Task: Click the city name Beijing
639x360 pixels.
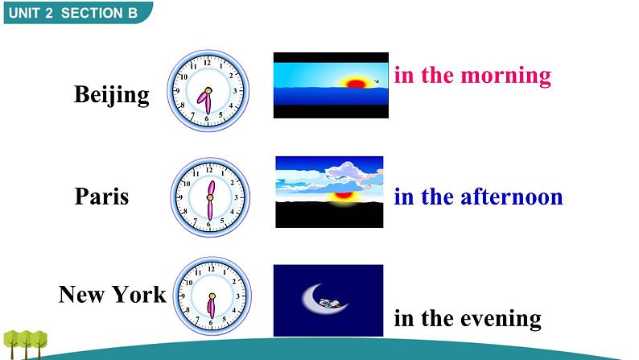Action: [112, 95]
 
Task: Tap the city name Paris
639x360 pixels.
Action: [102, 196]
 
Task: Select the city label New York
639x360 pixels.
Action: [113, 294]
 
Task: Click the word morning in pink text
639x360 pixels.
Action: [505, 77]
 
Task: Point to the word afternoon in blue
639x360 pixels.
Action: [512, 197]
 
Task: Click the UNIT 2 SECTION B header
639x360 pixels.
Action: [73, 13]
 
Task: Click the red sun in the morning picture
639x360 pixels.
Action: [356, 84]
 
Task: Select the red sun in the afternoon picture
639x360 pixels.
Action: [343, 195]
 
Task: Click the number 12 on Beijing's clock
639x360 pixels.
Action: [208, 63]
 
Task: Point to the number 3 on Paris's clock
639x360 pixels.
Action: [236, 197]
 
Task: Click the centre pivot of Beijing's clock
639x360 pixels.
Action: [208, 90]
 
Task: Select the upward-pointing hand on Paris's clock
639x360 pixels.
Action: [211, 188]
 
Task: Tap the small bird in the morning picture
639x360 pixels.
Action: [377, 81]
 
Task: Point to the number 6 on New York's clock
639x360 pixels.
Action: [211, 323]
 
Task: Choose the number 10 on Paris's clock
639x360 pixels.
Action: [187, 184]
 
